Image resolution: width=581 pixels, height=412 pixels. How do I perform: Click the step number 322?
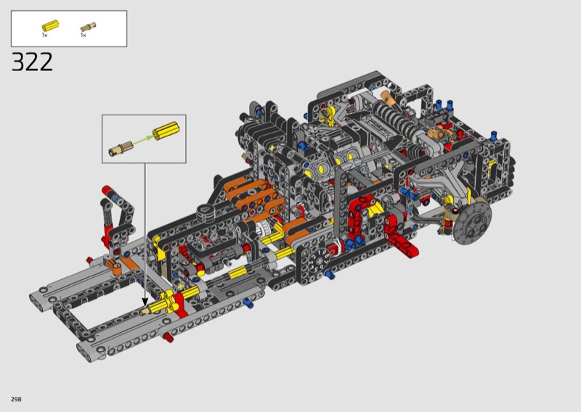tap(32, 62)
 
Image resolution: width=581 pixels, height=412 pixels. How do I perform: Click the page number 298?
tap(16, 399)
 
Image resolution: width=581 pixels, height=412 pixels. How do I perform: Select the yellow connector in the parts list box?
tap(50, 25)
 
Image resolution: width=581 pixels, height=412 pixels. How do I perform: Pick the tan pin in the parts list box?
tap(88, 27)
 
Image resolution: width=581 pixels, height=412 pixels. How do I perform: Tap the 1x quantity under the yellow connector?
tap(45, 35)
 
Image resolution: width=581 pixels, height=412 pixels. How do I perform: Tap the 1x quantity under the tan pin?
tap(84, 35)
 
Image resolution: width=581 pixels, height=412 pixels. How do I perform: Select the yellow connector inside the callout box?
tap(166, 131)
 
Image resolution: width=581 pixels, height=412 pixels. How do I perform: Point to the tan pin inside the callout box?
tap(121, 148)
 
